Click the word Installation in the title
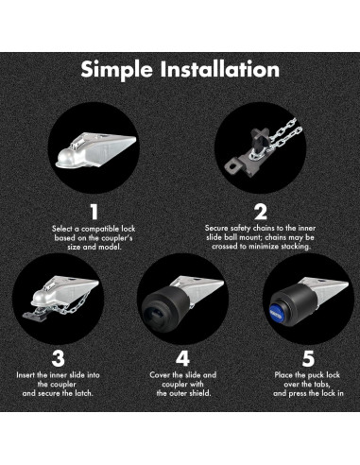[x=220, y=69]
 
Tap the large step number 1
[x=94, y=212]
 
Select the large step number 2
[x=260, y=212]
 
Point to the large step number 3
[x=58, y=358]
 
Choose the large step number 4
[x=182, y=358]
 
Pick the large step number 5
[x=308, y=358]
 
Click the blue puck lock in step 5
[x=277, y=311]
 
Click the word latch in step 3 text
[x=83, y=393]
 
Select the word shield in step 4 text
[x=199, y=393]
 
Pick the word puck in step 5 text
[x=316, y=375]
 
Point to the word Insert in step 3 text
[x=26, y=375]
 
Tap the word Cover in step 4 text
[x=160, y=375]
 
